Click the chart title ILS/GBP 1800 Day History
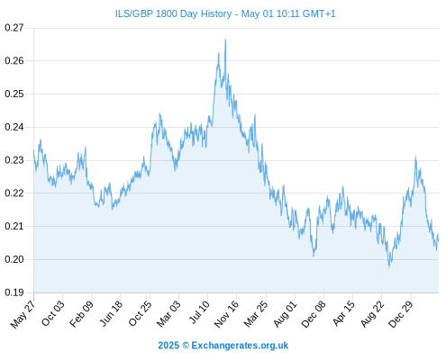(173, 13)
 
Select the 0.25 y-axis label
(14, 94)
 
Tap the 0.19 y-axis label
(14, 292)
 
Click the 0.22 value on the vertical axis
(14, 193)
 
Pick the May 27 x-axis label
(23, 314)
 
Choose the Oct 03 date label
(52, 313)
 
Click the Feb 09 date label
(81, 313)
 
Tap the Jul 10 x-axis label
(199, 312)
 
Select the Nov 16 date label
(226, 314)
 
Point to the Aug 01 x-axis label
(285, 313)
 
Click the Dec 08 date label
(314, 314)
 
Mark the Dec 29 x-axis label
(401, 314)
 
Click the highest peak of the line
(225, 40)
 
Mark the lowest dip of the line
(389, 267)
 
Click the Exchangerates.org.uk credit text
(240, 346)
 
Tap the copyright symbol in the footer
(186, 346)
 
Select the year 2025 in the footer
(168, 346)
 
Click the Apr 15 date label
(343, 313)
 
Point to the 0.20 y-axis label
(14, 259)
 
